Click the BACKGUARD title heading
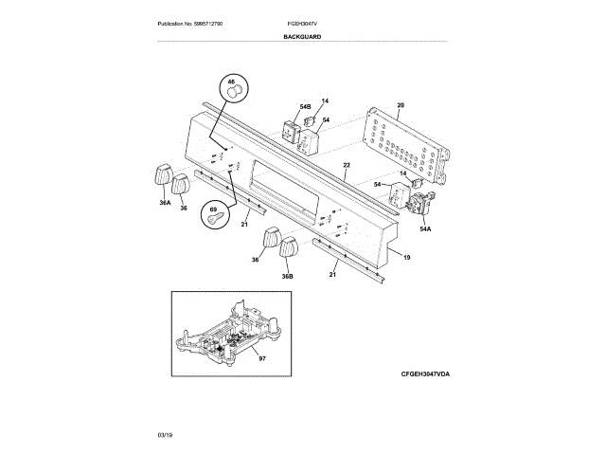point(302,36)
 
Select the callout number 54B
point(305,106)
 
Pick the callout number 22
point(347,166)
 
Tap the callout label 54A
point(424,228)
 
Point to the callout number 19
point(406,258)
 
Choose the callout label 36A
point(165,202)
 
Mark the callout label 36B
point(287,276)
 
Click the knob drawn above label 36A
point(159,176)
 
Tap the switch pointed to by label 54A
point(417,201)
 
